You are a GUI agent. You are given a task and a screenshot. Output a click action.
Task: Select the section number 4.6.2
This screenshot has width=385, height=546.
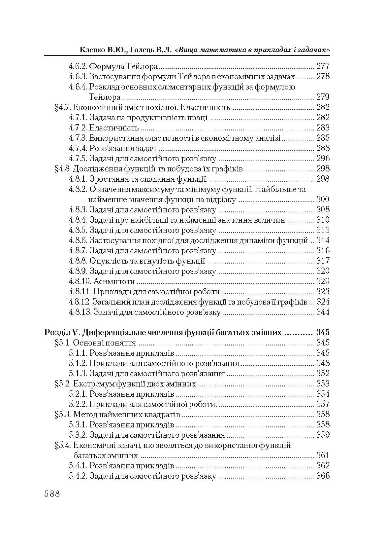pyautogui.click(x=78, y=66)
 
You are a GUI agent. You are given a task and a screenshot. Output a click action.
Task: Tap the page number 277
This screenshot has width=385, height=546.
pyautogui.click(x=323, y=66)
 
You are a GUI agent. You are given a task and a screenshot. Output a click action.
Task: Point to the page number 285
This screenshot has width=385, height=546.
pyautogui.click(x=323, y=138)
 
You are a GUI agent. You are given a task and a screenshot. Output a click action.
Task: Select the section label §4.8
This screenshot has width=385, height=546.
pyautogui.click(x=62, y=169)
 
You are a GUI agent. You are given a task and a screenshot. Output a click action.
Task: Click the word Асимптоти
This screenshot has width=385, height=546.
pyautogui.click(x=114, y=281)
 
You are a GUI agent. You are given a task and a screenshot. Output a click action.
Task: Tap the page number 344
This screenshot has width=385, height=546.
pyautogui.click(x=323, y=312)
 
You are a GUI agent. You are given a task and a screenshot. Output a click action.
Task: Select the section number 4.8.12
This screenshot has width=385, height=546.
pyautogui.click(x=80, y=302)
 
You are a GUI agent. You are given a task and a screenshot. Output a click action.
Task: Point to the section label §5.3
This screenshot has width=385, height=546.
pyautogui.click(x=62, y=414)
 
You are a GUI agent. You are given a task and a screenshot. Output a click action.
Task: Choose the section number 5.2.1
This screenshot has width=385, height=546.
pyautogui.click(x=78, y=394)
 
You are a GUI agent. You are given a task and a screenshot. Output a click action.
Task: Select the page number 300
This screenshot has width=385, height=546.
pyautogui.click(x=323, y=199)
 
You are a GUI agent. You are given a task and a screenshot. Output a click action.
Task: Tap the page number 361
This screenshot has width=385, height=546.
pyautogui.click(x=323, y=455)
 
